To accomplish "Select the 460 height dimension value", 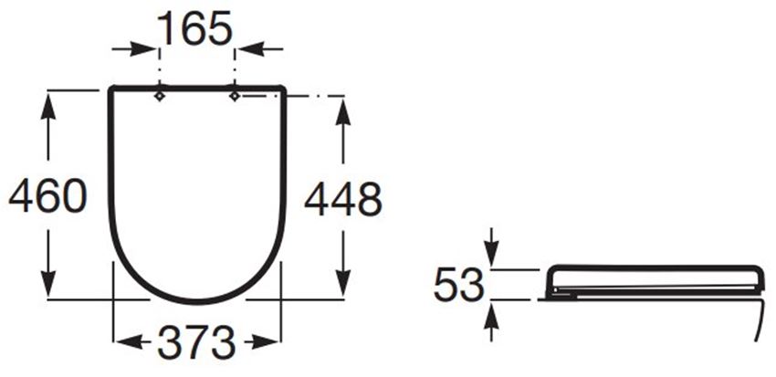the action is coord(48,196).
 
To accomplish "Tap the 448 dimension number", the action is coord(343,199).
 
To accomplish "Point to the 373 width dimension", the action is coord(196,342).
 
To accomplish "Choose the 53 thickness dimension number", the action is coord(458,285).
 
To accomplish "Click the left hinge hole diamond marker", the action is coord(160,96).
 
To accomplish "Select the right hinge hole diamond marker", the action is coord(235,96).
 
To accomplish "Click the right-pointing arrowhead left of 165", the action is coord(143,49).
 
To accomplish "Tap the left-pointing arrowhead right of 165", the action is coord(250,49).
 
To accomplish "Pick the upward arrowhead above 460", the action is coord(48,106).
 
